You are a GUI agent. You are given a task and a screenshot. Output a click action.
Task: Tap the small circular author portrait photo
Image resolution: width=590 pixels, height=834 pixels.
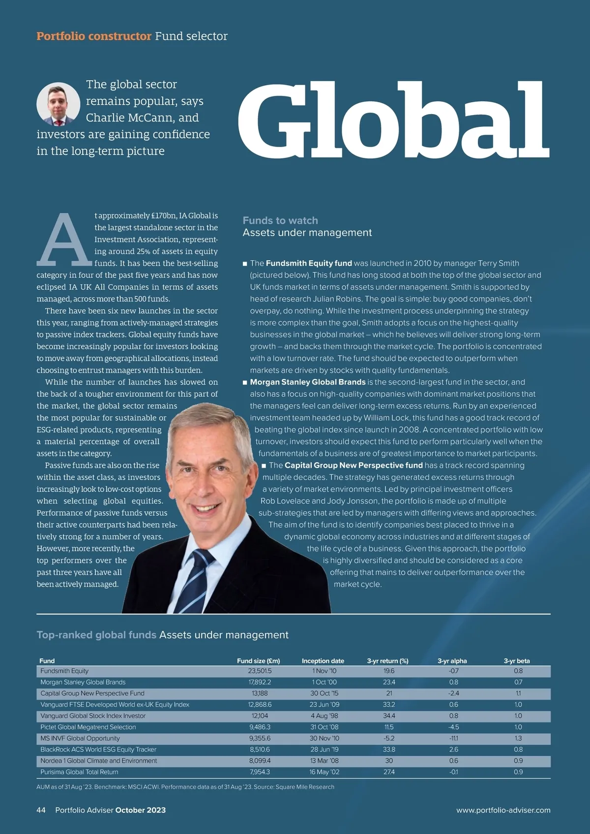(58, 104)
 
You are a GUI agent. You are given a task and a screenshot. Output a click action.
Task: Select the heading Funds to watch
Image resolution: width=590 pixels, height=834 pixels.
(280, 220)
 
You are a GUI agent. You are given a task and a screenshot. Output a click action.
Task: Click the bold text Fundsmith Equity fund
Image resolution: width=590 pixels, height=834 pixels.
(309, 263)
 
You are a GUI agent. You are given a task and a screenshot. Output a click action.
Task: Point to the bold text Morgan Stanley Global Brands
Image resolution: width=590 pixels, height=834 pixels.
(308, 382)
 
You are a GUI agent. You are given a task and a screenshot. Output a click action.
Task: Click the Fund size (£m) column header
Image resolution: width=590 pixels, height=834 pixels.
(258, 661)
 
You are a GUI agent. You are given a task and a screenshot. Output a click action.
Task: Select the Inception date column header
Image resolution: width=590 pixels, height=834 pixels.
(323, 661)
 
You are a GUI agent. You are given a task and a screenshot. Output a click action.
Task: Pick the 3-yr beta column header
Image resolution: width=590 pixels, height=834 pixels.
(517, 661)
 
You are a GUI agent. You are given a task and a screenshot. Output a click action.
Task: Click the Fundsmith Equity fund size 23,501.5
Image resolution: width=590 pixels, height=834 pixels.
(260, 671)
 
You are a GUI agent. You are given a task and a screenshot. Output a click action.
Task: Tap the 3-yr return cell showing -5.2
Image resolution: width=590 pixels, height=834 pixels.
(389, 738)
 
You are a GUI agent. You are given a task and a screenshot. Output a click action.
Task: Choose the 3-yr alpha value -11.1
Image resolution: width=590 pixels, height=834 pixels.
(453, 738)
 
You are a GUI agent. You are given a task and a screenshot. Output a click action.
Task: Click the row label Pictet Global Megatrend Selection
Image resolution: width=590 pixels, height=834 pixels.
(88, 727)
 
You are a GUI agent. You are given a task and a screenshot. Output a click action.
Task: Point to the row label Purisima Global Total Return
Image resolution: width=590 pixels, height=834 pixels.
(79, 772)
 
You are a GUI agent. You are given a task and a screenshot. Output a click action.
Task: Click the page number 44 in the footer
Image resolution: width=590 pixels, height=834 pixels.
(41, 810)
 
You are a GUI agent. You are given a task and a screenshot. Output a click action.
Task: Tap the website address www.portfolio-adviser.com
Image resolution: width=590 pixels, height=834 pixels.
(503, 810)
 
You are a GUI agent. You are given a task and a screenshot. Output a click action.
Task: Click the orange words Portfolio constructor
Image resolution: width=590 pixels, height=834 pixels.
(94, 36)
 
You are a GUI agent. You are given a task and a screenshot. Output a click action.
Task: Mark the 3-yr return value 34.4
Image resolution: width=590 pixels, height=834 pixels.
(389, 715)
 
